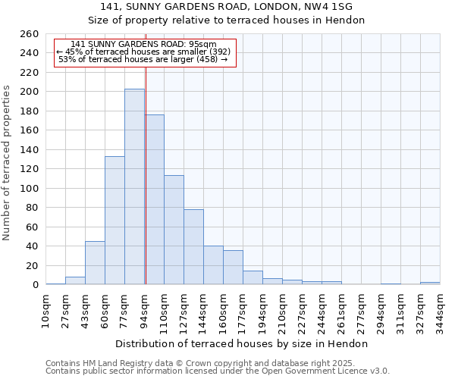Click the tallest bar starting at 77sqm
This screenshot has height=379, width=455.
coord(134,186)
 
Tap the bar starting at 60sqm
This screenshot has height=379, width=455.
coord(115,220)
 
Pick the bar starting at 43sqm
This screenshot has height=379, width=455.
coord(95,262)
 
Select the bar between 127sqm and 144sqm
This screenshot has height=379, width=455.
coord(193,246)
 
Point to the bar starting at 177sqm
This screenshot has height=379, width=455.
coord(253,277)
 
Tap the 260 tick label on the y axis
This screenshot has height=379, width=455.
coord(30,34)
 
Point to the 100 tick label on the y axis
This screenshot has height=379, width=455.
coord(30,188)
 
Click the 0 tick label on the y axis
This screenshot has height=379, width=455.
coord(36,285)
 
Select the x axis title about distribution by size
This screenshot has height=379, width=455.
coord(243,343)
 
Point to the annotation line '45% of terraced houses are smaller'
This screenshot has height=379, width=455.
coord(143,52)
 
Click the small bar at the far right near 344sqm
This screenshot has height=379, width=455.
coord(430,283)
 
